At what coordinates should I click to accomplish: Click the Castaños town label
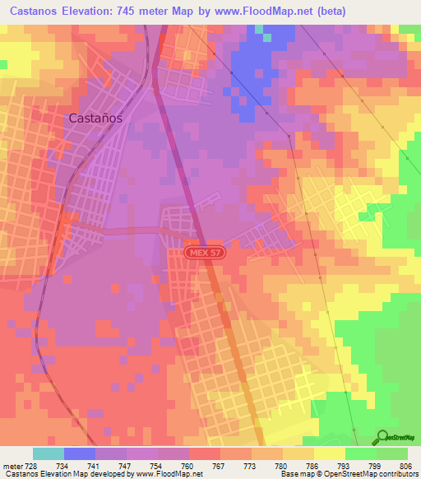[x=95, y=118]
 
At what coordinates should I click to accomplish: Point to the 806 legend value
[x=407, y=465]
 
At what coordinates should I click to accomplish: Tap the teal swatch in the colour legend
[x=49, y=453]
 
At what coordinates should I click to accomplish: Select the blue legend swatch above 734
[x=80, y=453]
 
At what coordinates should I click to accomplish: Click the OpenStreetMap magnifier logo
[x=382, y=437]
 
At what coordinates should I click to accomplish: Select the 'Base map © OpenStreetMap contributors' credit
[x=349, y=475]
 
